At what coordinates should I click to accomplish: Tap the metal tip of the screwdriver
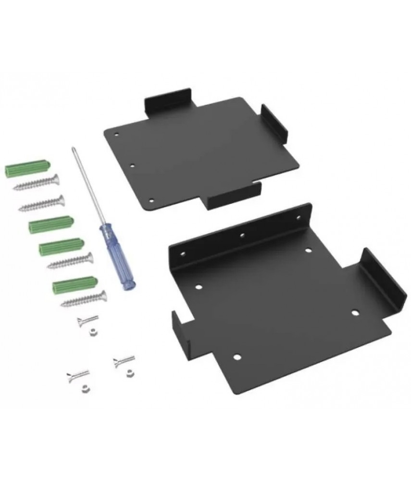[x=73, y=150]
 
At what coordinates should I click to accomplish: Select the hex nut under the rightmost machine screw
[x=127, y=371]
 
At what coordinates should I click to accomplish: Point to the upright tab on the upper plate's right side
[x=274, y=125]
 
